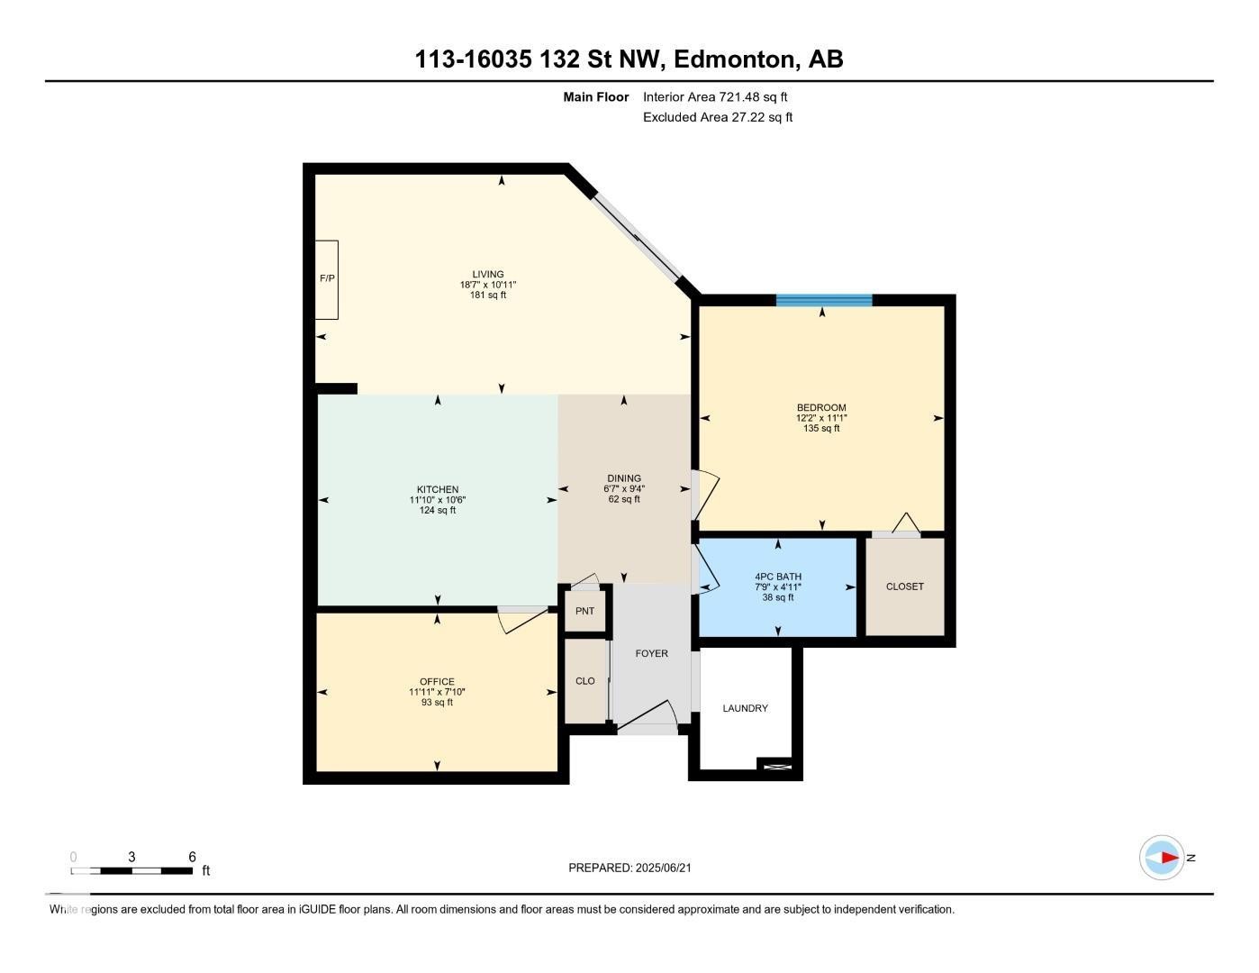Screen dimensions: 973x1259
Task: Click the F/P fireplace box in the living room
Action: tap(326, 279)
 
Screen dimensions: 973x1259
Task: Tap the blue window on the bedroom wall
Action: tap(824, 300)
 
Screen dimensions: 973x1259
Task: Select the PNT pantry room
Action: tap(585, 611)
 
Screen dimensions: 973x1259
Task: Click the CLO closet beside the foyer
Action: tap(585, 680)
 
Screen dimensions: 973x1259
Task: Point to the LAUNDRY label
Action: tap(745, 708)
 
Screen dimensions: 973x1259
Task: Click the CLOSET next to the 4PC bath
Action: tap(904, 587)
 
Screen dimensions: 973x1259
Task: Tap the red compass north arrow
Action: tap(1167, 858)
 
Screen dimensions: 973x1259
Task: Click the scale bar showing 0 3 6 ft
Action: tap(132, 870)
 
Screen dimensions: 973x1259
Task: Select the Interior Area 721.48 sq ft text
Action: tap(715, 97)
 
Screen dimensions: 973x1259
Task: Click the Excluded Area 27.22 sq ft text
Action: tap(717, 117)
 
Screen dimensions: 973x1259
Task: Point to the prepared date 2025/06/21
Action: tap(629, 868)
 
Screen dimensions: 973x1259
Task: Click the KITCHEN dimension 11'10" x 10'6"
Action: tap(438, 500)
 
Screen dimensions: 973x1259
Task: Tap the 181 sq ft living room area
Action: tap(488, 295)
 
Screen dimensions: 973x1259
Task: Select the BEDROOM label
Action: tap(821, 407)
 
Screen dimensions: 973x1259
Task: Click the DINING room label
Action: tap(624, 478)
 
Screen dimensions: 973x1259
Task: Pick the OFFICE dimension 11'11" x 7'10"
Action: tap(437, 692)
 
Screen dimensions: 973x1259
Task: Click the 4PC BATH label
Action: tap(778, 577)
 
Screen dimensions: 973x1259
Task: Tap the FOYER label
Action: tap(651, 653)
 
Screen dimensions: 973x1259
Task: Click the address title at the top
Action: tap(629, 59)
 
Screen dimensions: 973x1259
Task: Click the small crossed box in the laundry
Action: tap(776, 766)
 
